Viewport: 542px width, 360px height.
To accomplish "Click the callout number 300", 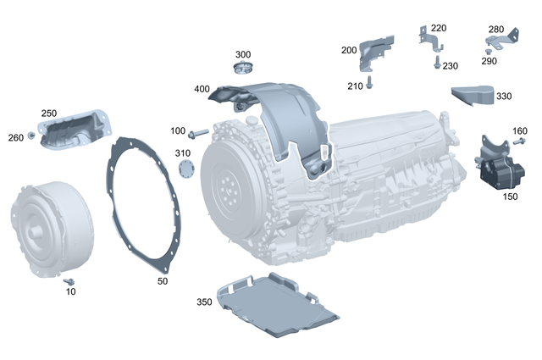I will click(243, 54).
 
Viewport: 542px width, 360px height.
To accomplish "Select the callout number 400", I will click(202, 89).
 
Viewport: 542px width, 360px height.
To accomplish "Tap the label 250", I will click(49, 113).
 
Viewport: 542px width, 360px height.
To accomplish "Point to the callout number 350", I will click(204, 302).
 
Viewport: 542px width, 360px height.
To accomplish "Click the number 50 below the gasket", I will click(163, 280).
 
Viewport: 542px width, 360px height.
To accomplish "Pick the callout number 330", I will click(504, 97).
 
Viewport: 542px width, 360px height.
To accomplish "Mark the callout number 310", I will click(183, 152).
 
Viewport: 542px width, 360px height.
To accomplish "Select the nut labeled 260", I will click(31, 136).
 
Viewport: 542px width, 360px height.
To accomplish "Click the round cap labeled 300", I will click(244, 69).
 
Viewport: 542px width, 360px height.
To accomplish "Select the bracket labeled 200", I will click(375, 53).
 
